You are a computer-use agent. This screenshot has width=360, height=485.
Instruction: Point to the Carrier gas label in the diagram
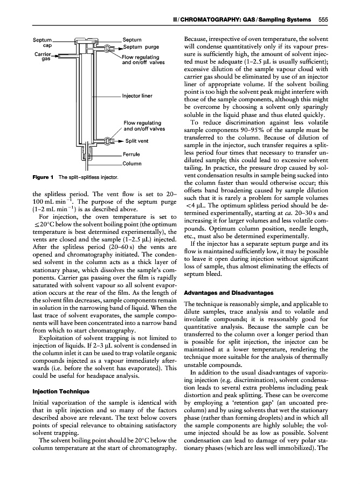[x=41, y=57]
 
